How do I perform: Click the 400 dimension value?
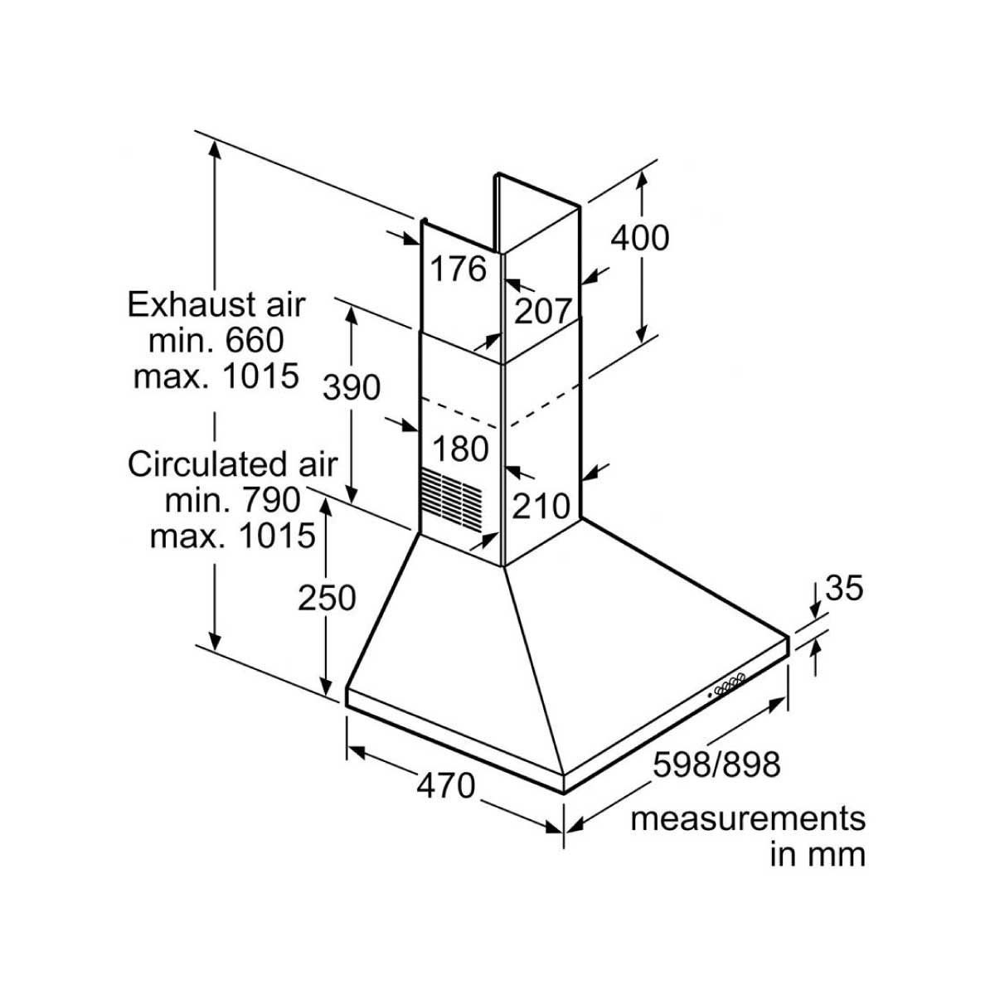[x=640, y=239]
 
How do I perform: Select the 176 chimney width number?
[x=458, y=269]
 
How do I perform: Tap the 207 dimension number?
[x=542, y=311]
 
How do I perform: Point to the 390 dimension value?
[x=352, y=387]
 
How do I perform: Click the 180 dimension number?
[x=460, y=449]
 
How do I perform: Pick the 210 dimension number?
[x=541, y=506]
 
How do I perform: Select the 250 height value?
[x=327, y=598]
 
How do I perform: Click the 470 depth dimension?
[x=445, y=785]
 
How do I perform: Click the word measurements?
[x=748, y=819]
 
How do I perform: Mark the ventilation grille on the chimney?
[x=452, y=501]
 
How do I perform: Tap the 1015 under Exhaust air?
[x=260, y=376]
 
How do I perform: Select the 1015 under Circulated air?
[x=277, y=536]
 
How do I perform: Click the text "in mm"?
[x=818, y=855]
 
